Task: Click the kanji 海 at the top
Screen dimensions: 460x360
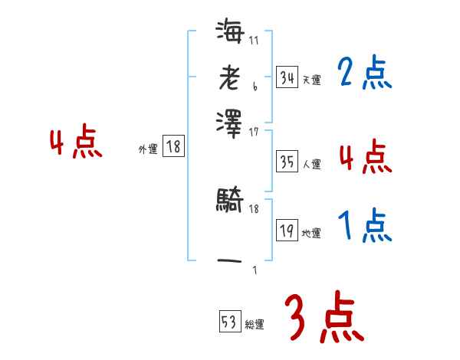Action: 230,34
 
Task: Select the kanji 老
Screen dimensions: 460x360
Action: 229,77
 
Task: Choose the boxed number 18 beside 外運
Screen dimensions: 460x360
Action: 174,147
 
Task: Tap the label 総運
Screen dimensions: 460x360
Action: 255,324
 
